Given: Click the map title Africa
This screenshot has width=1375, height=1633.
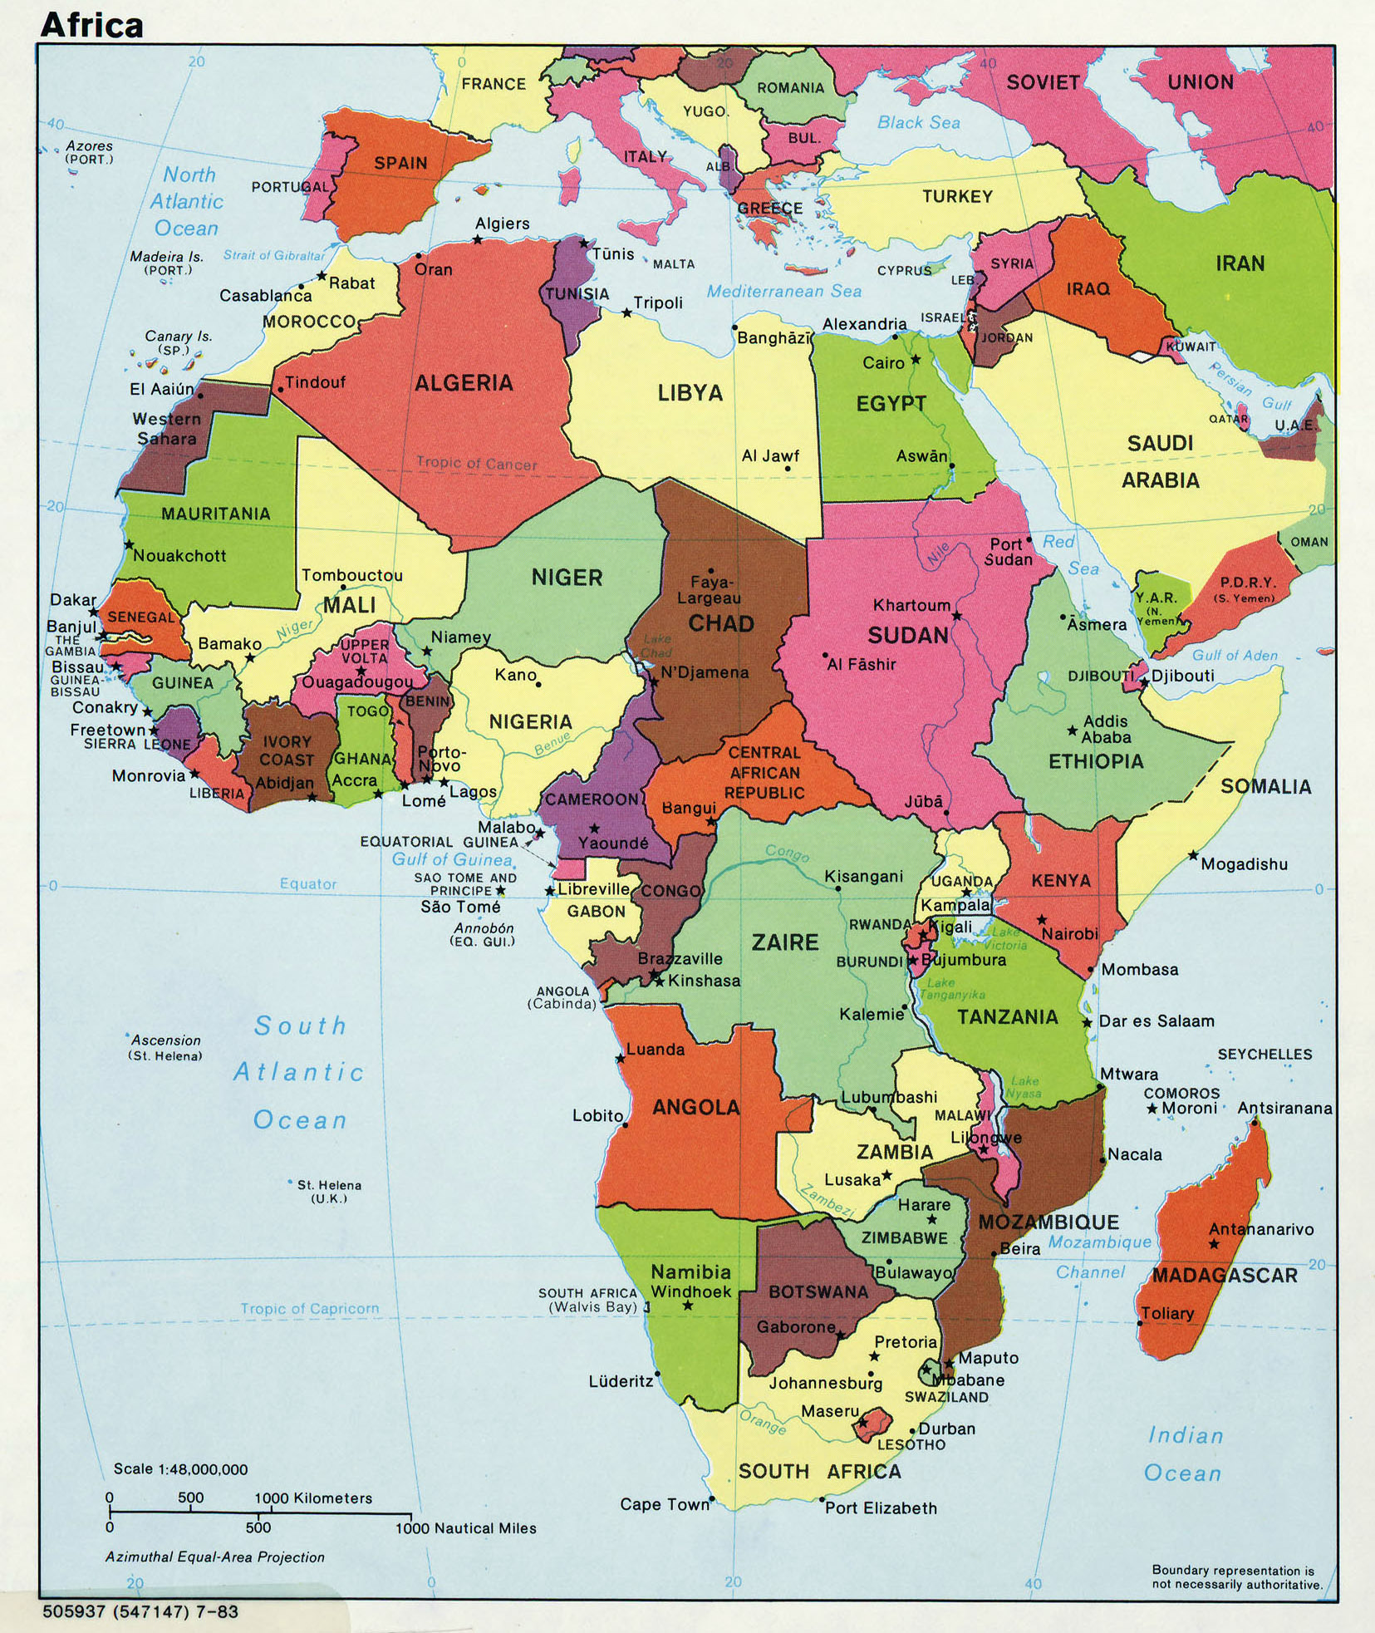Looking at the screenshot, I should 91,25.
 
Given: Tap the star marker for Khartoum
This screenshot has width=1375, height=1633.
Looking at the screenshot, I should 956,616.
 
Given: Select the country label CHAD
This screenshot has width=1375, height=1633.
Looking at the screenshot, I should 720,623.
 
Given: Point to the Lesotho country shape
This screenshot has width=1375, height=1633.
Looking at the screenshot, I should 870,1424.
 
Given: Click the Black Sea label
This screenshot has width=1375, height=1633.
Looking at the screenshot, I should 918,123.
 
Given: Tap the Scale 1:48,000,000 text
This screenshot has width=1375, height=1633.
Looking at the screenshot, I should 180,1469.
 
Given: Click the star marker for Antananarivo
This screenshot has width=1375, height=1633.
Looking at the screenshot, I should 1214,1244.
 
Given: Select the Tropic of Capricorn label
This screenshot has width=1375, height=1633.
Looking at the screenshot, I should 309,1309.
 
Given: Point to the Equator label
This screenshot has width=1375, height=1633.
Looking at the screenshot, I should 308,884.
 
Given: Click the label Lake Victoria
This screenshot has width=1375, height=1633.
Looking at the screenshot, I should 1005,939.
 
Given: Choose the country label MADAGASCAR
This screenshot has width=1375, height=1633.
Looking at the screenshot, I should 1224,1276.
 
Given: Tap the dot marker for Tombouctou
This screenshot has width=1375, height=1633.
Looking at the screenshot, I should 343,588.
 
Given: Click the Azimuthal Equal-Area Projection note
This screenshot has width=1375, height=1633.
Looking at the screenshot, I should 214,1557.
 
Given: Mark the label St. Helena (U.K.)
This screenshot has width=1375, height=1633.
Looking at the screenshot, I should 329,1191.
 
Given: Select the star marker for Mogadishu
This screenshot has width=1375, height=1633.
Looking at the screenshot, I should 1193,855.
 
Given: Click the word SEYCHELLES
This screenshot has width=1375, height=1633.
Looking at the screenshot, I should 1265,1055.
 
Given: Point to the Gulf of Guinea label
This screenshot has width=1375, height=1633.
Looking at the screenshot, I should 452,860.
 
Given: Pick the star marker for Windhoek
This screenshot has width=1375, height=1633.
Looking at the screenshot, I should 688,1306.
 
